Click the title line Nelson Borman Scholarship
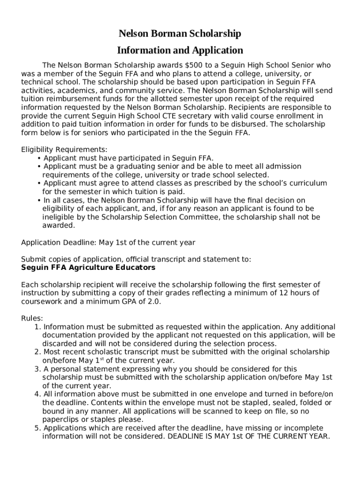pyautogui.click(x=180, y=34)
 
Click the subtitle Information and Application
pyautogui.click(x=180, y=50)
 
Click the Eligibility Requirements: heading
pyautogui.click(x=65, y=150)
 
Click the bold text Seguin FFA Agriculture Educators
pyautogui.click(x=88, y=268)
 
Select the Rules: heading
pyautogui.click(x=32, y=318)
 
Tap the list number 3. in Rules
pyautogui.click(x=37, y=369)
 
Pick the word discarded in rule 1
pyautogui.click(x=59, y=343)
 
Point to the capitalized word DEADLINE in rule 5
pyautogui.click(x=186, y=436)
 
